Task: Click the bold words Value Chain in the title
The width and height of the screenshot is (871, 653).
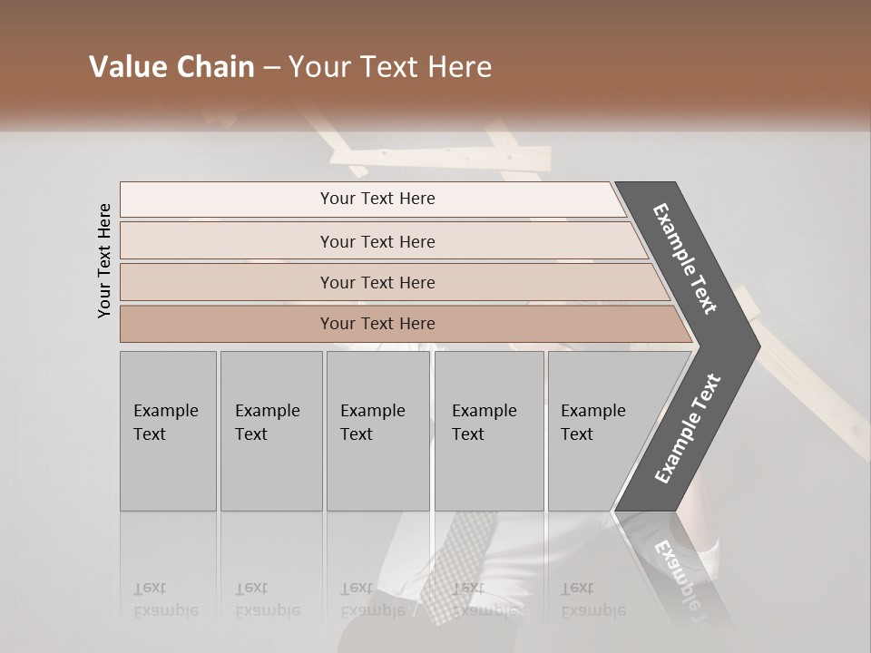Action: [x=171, y=67]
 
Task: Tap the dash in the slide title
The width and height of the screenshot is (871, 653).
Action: [x=271, y=68]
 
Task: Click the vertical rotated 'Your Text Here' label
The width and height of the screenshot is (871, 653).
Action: [x=104, y=260]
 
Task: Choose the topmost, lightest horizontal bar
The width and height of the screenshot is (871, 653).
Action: [x=377, y=199]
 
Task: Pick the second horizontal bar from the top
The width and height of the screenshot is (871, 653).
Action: [x=377, y=241]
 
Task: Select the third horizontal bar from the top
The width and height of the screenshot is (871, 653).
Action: [x=377, y=282]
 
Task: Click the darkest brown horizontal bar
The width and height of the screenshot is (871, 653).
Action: [x=377, y=324]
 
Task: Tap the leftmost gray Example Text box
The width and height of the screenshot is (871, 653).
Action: [x=168, y=430]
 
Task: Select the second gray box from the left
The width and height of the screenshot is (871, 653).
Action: [x=270, y=430]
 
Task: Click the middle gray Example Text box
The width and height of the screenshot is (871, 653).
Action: [x=377, y=430]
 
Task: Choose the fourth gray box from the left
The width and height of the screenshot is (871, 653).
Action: [x=488, y=430]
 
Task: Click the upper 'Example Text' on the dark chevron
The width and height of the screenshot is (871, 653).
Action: [x=685, y=258]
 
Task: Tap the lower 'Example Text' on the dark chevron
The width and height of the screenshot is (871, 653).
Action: [x=687, y=429]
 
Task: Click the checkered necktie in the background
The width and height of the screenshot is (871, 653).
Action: [x=465, y=562]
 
